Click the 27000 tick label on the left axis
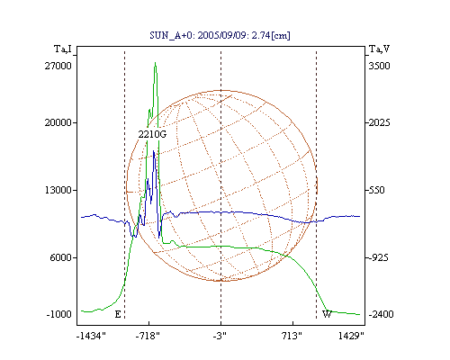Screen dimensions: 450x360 (58, 66)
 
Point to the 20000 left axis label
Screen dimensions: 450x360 (58, 122)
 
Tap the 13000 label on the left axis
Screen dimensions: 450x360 (58, 190)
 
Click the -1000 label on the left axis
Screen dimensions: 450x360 (59, 314)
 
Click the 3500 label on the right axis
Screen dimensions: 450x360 (379, 66)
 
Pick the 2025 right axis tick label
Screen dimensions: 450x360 (379, 122)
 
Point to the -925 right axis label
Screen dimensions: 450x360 (378, 257)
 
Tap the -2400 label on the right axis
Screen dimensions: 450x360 (381, 314)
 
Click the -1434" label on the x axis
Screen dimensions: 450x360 (91, 336)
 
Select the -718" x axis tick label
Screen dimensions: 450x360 (148, 336)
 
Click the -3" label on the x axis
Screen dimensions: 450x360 (220, 336)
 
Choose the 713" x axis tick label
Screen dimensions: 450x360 (292, 336)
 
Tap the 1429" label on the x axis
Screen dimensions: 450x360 (351, 336)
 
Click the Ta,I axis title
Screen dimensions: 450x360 (63, 49)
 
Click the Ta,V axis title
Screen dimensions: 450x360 (379, 49)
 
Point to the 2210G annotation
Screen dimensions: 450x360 (152, 134)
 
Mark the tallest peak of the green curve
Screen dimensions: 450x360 (155, 63)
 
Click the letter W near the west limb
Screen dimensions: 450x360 (327, 314)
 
